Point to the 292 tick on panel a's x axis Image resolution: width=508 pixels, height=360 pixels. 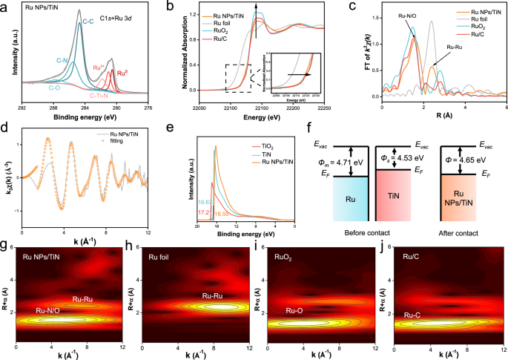tap(22, 108)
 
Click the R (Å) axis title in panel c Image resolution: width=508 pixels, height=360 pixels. tap(443, 117)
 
